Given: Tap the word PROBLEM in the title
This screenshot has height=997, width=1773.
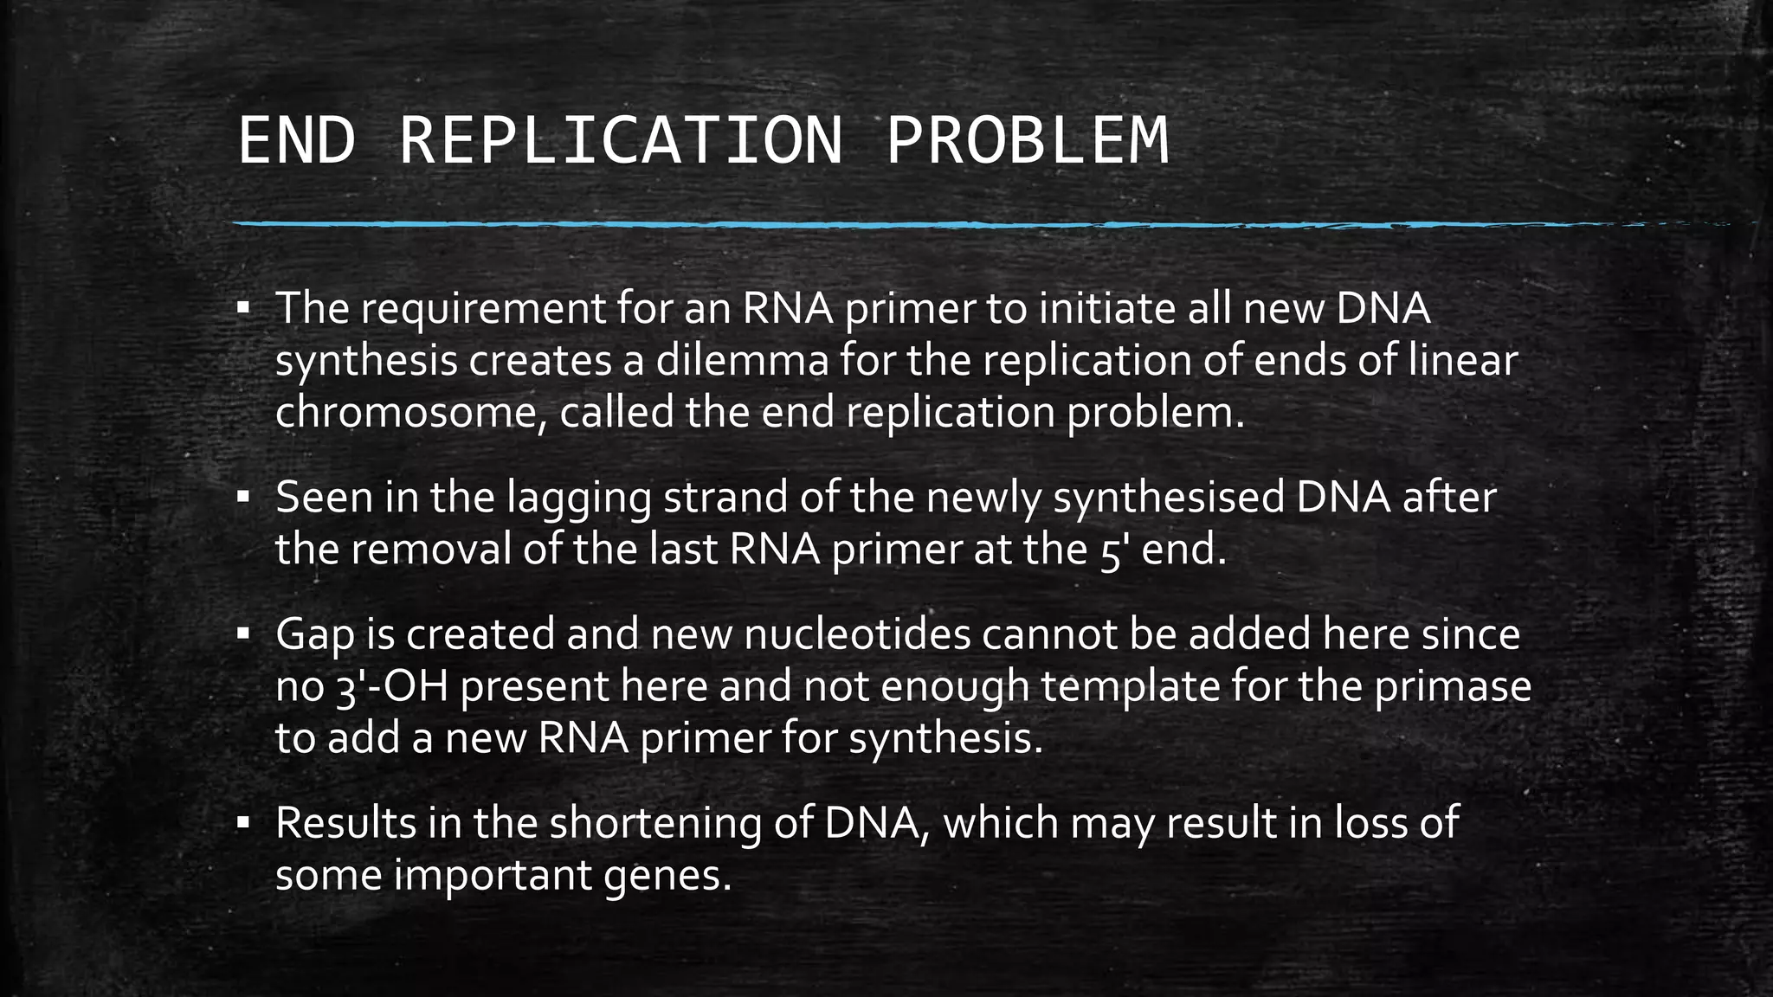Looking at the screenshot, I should click(1027, 140).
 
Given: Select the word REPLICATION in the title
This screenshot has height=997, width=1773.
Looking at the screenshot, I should click(620, 140).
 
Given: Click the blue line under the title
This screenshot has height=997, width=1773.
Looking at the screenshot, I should click(779, 225).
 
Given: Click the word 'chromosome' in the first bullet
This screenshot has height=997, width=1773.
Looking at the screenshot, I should click(411, 413).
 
